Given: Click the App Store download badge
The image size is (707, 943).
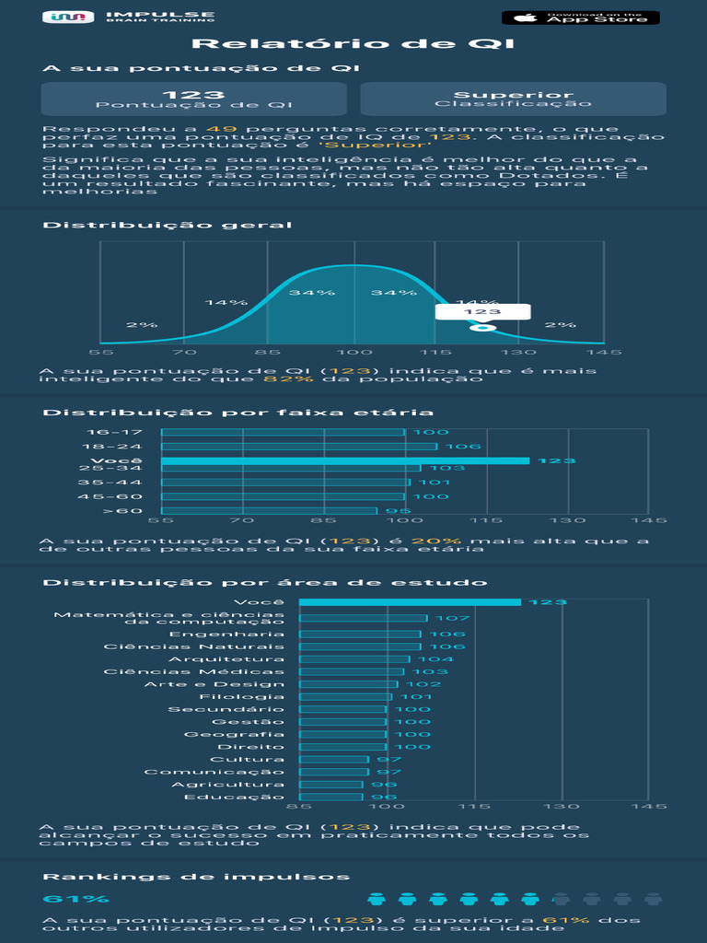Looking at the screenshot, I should click(x=580, y=17).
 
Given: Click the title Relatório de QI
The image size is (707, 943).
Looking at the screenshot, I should click(x=353, y=45).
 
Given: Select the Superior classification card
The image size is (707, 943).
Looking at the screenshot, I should click(x=513, y=99).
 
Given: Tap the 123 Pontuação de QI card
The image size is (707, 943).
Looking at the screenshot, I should click(x=194, y=99).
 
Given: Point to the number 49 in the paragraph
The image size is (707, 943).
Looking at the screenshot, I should click(x=214, y=129).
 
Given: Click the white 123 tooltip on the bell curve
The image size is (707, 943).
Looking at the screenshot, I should click(x=482, y=312).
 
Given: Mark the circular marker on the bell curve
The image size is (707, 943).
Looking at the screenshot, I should click(x=482, y=328).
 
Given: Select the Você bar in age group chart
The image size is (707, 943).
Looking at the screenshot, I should click(x=345, y=460).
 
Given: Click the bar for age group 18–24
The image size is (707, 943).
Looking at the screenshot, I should click(x=299, y=447).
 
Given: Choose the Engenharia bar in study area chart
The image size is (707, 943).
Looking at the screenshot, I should click(x=360, y=634).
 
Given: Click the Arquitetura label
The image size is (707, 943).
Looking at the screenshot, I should click(x=226, y=659).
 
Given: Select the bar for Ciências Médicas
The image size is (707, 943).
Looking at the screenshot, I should click(x=352, y=672).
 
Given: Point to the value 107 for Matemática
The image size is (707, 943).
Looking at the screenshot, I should click(x=452, y=619).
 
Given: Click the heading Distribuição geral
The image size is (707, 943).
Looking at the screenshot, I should click(x=167, y=225).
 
